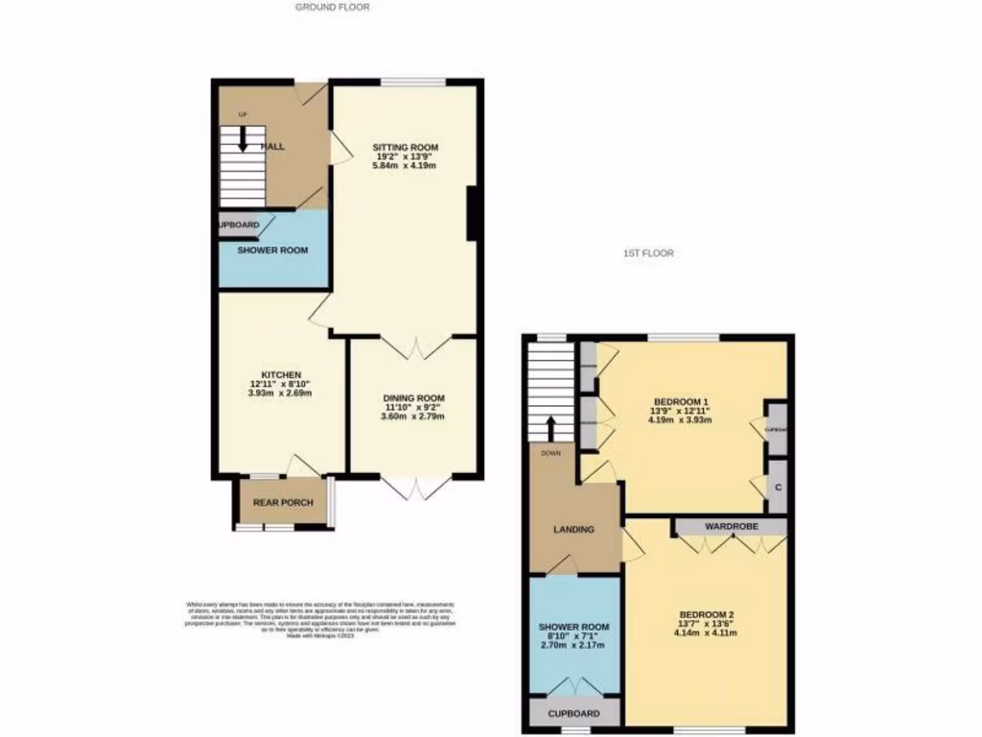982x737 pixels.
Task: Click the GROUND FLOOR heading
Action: (x=332, y=7)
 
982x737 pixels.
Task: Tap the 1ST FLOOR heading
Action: (x=647, y=254)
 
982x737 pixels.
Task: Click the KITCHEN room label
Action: (x=281, y=374)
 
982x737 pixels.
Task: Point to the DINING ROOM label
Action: (x=413, y=398)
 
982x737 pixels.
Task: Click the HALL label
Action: (x=273, y=147)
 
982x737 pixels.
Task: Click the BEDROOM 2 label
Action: (x=706, y=614)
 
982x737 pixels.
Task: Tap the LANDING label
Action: (x=573, y=529)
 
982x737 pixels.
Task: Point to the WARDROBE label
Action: (x=732, y=527)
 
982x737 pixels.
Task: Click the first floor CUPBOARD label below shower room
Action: (x=574, y=714)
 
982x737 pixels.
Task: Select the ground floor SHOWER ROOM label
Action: (x=272, y=250)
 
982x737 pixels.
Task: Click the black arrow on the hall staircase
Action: (x=243, y=140)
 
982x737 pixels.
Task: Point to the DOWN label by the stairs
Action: (x=550, y=453)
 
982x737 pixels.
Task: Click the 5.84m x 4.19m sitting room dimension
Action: (x=404, y=165)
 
